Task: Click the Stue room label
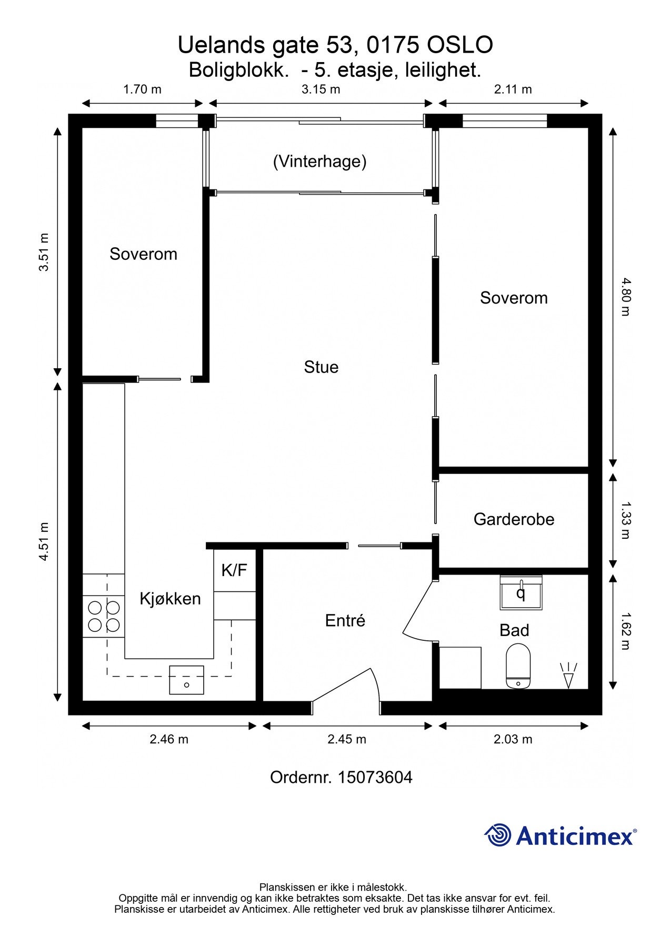click(x=321, y=367)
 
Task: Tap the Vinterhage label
click(x=319, y=161)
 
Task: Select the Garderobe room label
click(x=514, y=519)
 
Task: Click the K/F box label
click(x=234, y=570)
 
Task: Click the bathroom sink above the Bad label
click(x=521, y=593)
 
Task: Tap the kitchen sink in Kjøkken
click(x=186, y=680)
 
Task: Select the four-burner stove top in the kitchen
click(x=104, y=617)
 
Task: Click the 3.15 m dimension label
click(x=321, y=89)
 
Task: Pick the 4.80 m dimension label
click(x=625, y=297)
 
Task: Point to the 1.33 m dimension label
click(x=625, y=520)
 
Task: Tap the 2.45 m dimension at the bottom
click(x=347, y=739)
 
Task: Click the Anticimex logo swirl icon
click(x=497, y=835)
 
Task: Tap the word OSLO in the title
click(x=459, y=45)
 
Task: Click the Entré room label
click(x=345, y=621)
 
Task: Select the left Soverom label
click(x=143, y=254)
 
